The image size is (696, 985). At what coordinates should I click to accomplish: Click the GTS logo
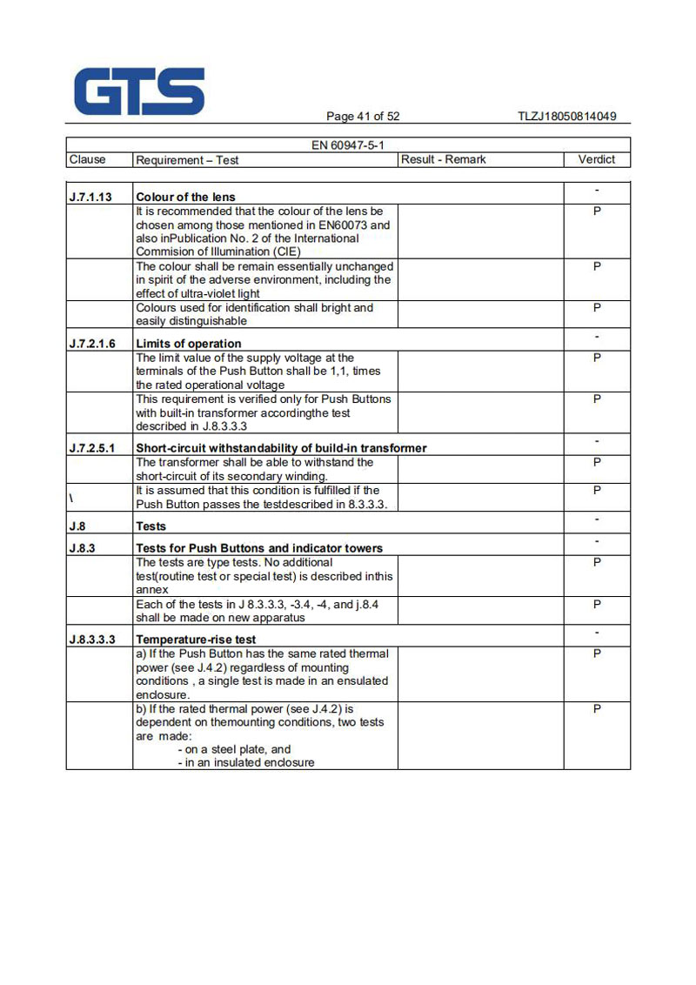(139, 91)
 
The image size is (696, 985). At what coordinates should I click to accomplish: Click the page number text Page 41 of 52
(363, 117)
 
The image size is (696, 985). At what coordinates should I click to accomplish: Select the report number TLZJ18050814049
(566, 117)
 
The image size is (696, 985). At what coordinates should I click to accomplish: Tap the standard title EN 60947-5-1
(348, 145)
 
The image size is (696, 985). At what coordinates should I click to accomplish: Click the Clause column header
(87, 159)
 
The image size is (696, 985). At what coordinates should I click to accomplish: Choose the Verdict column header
(596, 159)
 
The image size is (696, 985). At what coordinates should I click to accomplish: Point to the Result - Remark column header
(444, 159)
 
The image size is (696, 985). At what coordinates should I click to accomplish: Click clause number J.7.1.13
(90, 197)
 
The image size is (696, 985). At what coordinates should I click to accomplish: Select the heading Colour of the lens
(185, 197)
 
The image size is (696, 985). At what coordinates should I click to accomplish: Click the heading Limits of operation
(189, 344)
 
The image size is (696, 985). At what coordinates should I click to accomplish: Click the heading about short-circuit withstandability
(281, 448)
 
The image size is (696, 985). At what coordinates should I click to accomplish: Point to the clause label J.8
(77, 526)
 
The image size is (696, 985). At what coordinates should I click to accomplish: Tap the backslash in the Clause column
(70, 497)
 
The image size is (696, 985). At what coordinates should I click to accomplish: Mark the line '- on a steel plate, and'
(234, 749)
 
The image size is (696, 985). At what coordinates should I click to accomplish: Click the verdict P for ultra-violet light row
(597, 266)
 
